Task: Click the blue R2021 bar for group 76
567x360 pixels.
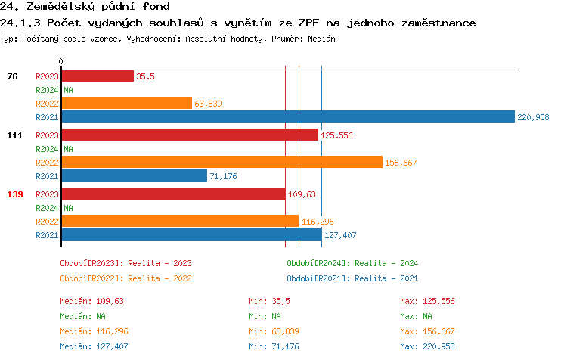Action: [287, 117]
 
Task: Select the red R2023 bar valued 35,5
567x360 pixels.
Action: [97, 76]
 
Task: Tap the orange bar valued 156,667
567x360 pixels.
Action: [222, 163]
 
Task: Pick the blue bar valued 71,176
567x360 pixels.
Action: [134, 176]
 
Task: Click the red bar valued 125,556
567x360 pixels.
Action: [189, 135]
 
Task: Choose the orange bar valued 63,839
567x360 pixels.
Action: [126, 104]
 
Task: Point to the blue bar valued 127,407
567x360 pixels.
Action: [191, 235]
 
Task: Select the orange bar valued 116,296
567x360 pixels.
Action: [180, 222]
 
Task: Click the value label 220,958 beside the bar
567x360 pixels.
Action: [533, 117]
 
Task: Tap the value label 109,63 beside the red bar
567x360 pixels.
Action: [302, 194]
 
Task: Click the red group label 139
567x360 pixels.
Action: [15, 194]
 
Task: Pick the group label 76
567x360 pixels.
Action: [12, 76]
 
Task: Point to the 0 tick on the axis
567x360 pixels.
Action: [61, 61]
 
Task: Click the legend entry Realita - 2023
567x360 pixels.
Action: [125, 263]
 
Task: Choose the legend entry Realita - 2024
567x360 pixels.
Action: [352, 263]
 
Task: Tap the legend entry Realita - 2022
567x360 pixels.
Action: [125, 278]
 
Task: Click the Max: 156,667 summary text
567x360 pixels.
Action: [427, 331]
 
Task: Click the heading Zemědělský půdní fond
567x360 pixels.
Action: [90, 7]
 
